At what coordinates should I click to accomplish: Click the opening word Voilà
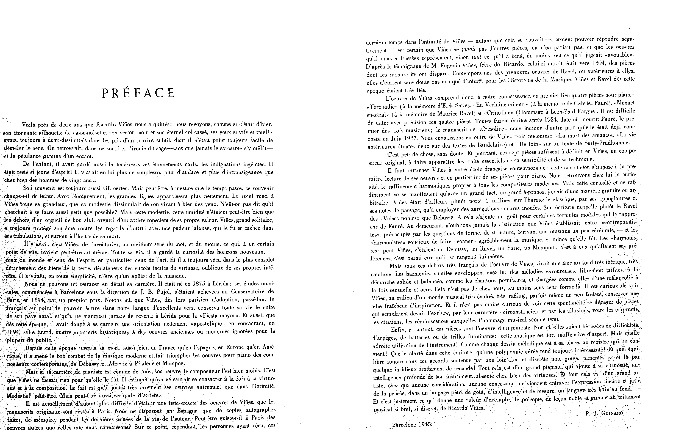(29, 125)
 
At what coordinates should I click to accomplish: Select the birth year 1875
(200, 284)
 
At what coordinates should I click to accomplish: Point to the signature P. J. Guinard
(603, 414)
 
